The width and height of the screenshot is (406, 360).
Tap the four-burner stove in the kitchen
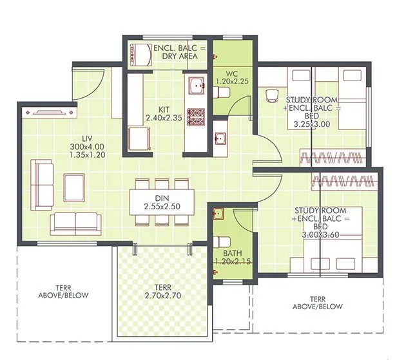tap(196, 117)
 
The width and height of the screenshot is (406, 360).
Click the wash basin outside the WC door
tap(220, 138)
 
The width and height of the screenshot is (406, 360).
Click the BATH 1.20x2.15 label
tap(233, 257)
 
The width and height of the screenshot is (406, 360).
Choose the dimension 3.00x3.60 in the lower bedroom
tap(329, 236)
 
